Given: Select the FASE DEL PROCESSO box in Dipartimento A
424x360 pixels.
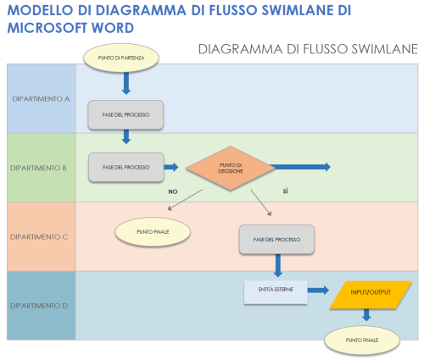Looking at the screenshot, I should (126, 114).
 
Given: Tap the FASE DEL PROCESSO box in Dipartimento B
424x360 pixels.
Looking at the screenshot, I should (126, 167).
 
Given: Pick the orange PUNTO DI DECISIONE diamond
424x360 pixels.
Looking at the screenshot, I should (231, 167).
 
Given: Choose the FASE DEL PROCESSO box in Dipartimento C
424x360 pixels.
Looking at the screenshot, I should (276, 240).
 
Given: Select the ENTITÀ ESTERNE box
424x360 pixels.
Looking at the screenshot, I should (272, 290).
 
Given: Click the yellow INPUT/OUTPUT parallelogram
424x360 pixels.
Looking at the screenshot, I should (371, 292).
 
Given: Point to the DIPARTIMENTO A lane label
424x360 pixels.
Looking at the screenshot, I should (41, 98).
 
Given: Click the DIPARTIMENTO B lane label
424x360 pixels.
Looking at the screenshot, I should (41, 168).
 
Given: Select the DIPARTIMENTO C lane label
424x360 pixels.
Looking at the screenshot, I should (41, 236).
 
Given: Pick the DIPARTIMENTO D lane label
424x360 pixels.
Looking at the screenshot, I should (41, 305).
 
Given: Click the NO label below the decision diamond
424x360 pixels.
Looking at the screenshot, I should (172, 191).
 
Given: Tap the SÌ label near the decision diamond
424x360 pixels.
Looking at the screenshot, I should (286, 191).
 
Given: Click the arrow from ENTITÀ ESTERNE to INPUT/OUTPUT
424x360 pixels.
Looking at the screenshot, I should (317, 290).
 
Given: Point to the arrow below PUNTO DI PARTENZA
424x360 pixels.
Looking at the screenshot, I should (126, 82).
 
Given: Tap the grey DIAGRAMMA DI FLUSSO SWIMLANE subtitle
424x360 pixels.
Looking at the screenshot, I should (307, 48).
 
